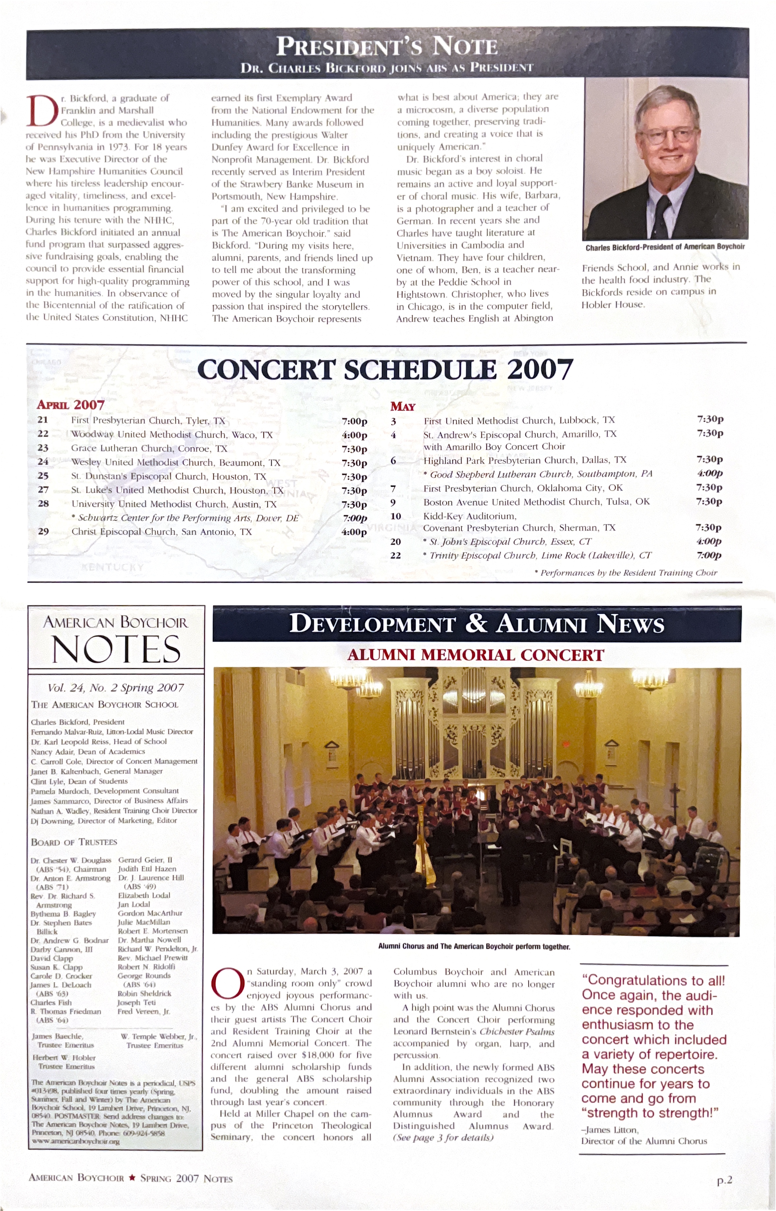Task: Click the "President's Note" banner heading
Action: [387, 47]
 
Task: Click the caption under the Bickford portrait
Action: [665, 247]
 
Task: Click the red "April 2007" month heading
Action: [71, 405]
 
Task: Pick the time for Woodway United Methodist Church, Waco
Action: [354, 435]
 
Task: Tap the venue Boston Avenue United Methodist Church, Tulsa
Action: [536, 502]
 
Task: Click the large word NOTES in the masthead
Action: [117, 649]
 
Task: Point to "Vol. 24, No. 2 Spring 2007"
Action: [116, 688]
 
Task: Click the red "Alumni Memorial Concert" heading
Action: [476, 655]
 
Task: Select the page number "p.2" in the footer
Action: [724, 1180]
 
